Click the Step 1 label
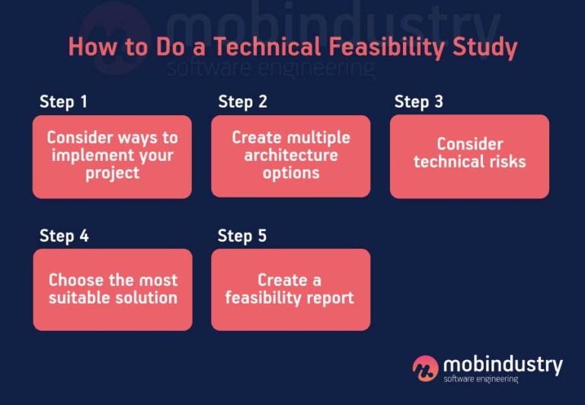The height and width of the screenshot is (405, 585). (64, 102)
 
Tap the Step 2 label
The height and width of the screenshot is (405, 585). (242, 102)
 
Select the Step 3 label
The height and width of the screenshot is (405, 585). (418, 102)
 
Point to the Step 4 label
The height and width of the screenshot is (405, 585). (64, 236)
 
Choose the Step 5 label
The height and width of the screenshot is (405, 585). (242, 236)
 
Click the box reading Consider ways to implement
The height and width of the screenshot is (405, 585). (112, 156)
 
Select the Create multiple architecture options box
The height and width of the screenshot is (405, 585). (290, 156)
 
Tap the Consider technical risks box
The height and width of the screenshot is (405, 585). (469, 156)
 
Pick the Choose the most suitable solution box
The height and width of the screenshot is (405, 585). (112, 289)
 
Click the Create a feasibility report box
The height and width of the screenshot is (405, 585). (290, 289)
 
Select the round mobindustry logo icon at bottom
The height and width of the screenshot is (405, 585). (425, 368)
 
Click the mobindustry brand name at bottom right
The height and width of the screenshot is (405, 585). (503, 364)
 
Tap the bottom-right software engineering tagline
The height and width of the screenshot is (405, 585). (481, 379)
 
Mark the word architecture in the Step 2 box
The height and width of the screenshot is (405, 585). (291, 156)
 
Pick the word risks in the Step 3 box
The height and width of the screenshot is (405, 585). (504, 162)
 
